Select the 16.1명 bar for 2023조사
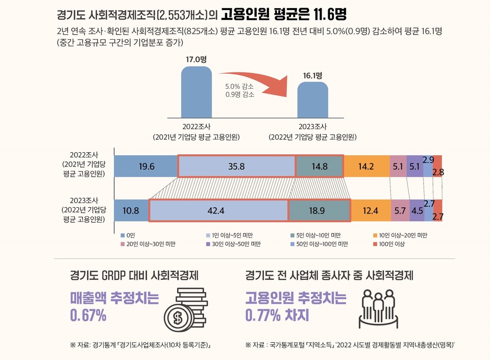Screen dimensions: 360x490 [x=312, y=100]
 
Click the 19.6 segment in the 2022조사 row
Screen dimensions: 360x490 [x=146, y=166]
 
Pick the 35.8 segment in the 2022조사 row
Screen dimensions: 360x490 [x=236, y=166]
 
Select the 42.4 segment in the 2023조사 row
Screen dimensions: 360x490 [x=218, y=210]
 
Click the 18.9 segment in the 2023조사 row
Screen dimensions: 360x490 [x=319, y=210]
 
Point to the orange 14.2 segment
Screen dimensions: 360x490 [x=366, y=166]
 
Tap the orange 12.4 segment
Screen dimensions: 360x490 [x=371, y=210]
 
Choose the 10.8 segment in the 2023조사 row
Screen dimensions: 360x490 [x=131, y=210]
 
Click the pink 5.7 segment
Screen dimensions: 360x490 [x=400, y=210]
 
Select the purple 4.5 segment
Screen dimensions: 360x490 [x=417, y=210]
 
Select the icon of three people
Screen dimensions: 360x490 [x=379, y=309]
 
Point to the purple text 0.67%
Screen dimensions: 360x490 [x=88, y=316]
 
